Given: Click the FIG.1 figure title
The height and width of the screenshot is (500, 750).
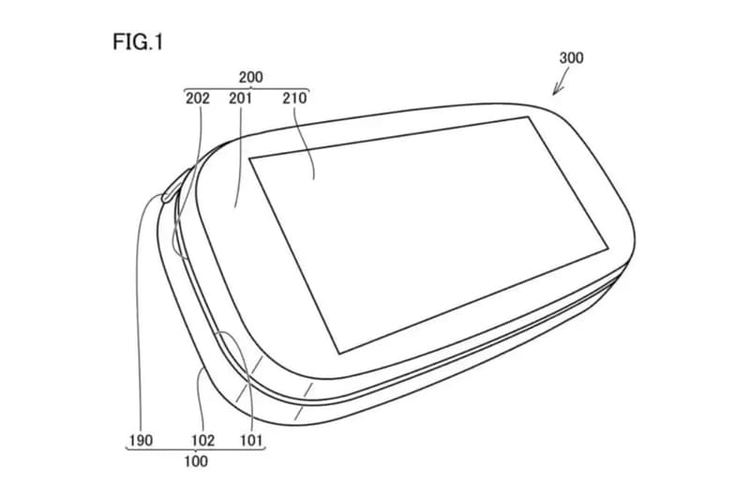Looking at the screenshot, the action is click(138, 42).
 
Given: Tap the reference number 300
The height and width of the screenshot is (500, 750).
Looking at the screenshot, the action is click(571, 58).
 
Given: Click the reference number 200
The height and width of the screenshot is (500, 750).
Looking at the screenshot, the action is click(251, 77).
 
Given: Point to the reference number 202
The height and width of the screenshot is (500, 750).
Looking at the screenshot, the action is click(198, 98).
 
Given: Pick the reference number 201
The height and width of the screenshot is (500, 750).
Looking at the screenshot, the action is click(240, 98).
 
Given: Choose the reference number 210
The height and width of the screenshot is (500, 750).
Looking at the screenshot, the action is click(294, 98).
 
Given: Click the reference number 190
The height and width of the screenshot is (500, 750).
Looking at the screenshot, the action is click(142, 440).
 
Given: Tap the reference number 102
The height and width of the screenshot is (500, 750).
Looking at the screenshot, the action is click(203, 440).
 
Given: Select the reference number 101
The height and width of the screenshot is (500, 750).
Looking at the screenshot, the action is click(251, 440).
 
